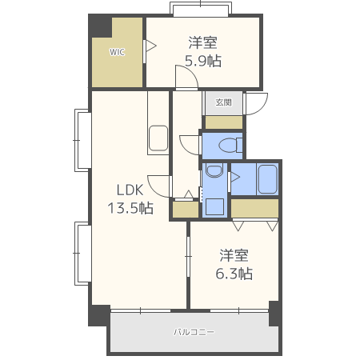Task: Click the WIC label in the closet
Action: coord(117,52)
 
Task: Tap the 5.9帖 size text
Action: coord(203,61)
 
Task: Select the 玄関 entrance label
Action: coord(223,102)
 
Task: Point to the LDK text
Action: coord(130,190)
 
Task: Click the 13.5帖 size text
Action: coord(130,208)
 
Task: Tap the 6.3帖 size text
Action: coord(234,274)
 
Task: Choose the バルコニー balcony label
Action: coord(194,332)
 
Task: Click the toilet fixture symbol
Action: coord(230,146)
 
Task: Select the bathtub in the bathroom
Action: coord(268,179)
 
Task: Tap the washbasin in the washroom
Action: coord(214,171)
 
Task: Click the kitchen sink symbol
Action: coord(158,138)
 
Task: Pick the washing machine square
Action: coord(214,206)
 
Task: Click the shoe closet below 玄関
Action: coord(223,122)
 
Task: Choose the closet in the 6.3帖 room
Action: coord(254,208)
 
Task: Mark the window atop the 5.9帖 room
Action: coord(201,10)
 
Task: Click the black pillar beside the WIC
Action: coord(99,26)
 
